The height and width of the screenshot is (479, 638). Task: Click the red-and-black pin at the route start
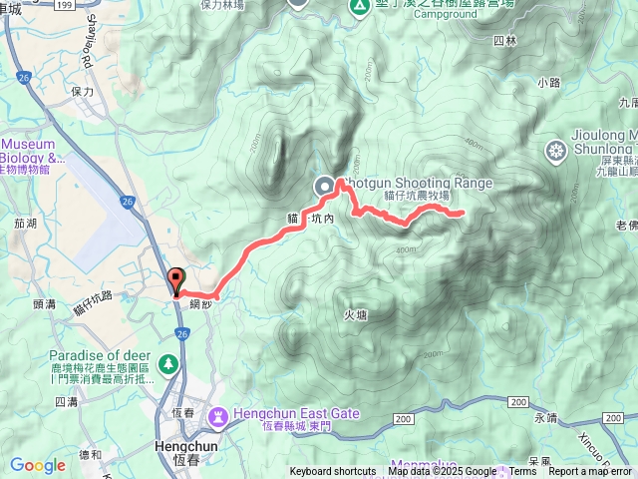pos(177,281)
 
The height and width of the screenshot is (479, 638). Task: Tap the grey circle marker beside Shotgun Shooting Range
pos(326,186)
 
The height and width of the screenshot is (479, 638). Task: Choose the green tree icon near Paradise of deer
pos(169,362)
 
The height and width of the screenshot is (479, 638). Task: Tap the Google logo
pos(38,465)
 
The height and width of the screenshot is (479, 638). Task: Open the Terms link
pos(521,472)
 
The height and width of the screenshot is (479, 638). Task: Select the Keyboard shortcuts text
pos(333,472)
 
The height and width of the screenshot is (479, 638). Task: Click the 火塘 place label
pos(356,315)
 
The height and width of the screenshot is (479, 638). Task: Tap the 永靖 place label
pos(546,418)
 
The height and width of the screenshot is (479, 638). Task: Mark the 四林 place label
pos(505,41)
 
